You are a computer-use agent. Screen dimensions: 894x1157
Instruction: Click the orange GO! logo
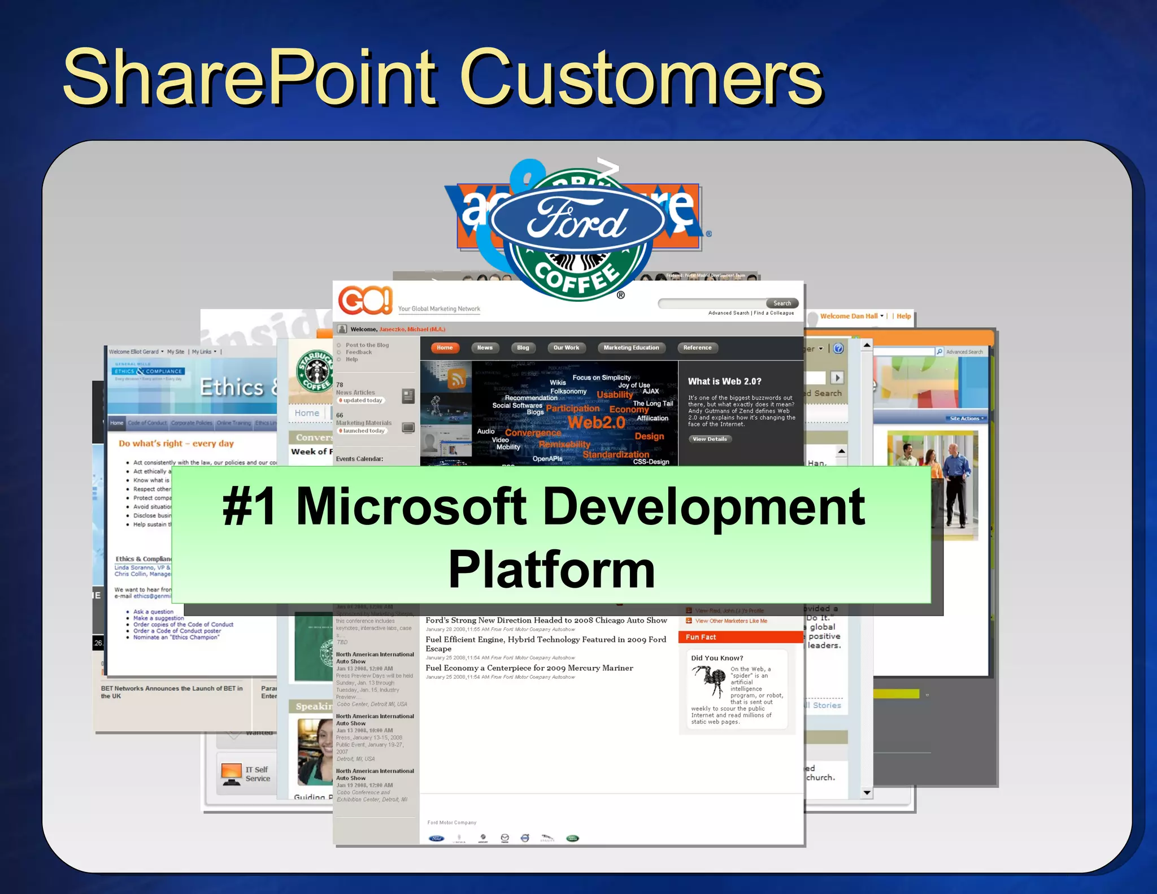tap(365, 300)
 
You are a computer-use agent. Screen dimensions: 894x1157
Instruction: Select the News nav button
tap(485, 348)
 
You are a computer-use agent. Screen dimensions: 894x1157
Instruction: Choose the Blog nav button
tap(523, 348)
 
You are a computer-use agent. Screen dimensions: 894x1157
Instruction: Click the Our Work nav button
tap(566, 348)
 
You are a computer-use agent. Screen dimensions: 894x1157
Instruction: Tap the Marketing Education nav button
tap(631, 348)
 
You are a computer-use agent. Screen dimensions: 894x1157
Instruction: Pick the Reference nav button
tap(697, 348)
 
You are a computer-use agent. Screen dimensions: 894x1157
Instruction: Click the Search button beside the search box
tap(782, 303)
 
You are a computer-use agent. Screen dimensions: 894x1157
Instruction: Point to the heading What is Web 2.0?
tap(724, 381)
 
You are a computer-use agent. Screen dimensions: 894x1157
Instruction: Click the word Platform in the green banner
tap(551, 570)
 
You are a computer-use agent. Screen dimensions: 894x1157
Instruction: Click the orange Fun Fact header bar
tap(740, 637)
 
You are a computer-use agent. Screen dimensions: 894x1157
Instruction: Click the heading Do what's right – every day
tap(176, 444)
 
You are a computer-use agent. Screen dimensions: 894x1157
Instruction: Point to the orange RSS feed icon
tap(457, 379)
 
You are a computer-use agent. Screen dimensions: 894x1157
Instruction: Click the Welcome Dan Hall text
tap(849, 316)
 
